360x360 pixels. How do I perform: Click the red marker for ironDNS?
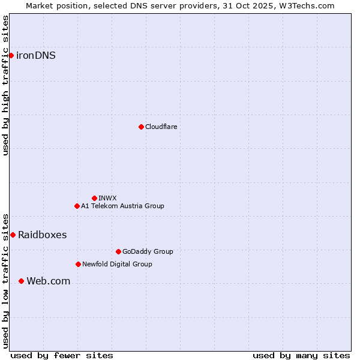point(11,56)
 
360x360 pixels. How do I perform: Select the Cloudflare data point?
point(141,127)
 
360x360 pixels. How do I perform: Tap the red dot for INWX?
point(94,198)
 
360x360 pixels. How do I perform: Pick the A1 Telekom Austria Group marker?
point(77,206)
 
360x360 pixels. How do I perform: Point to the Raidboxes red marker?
point(13,235)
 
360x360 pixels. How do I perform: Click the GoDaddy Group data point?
point(118,251)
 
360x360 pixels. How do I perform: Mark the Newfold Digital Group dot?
point(78,264)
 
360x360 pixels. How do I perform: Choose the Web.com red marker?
point(21,281)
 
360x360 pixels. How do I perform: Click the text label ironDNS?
point(36,56)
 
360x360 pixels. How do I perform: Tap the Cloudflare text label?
point(161,127)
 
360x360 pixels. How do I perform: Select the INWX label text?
point(107,198)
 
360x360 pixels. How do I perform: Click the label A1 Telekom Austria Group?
point(122,206)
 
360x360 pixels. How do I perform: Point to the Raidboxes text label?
point(42,235)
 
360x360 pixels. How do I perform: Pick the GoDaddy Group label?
point(148,251)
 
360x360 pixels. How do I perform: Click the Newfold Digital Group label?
point(117,264)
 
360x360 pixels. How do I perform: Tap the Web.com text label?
point(48,281)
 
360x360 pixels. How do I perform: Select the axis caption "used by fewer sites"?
point(62,355)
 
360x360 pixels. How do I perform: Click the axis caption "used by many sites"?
point(301,355)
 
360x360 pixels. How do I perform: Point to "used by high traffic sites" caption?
point(5,85)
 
